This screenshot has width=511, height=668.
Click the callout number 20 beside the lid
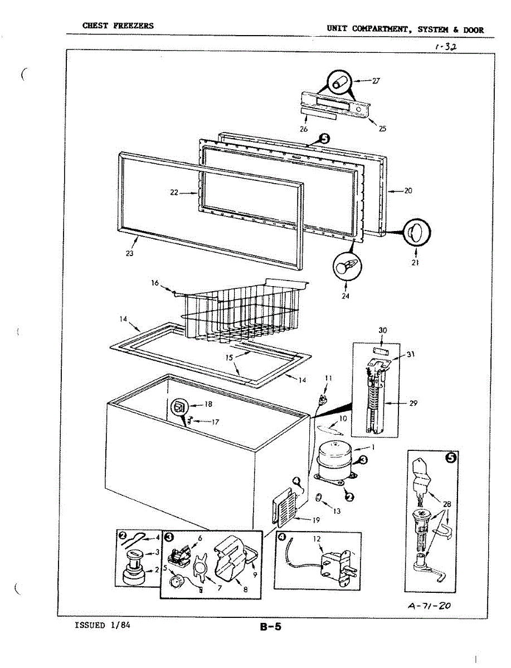(408, 190)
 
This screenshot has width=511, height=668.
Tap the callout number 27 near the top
(376, 81)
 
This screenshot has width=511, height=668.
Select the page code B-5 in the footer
(270, 627)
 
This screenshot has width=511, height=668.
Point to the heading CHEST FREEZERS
(118, 26)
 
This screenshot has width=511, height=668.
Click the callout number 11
(328, 378)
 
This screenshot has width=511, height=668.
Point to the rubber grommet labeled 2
(134, 574)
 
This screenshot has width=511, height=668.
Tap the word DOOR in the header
(473, 30)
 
